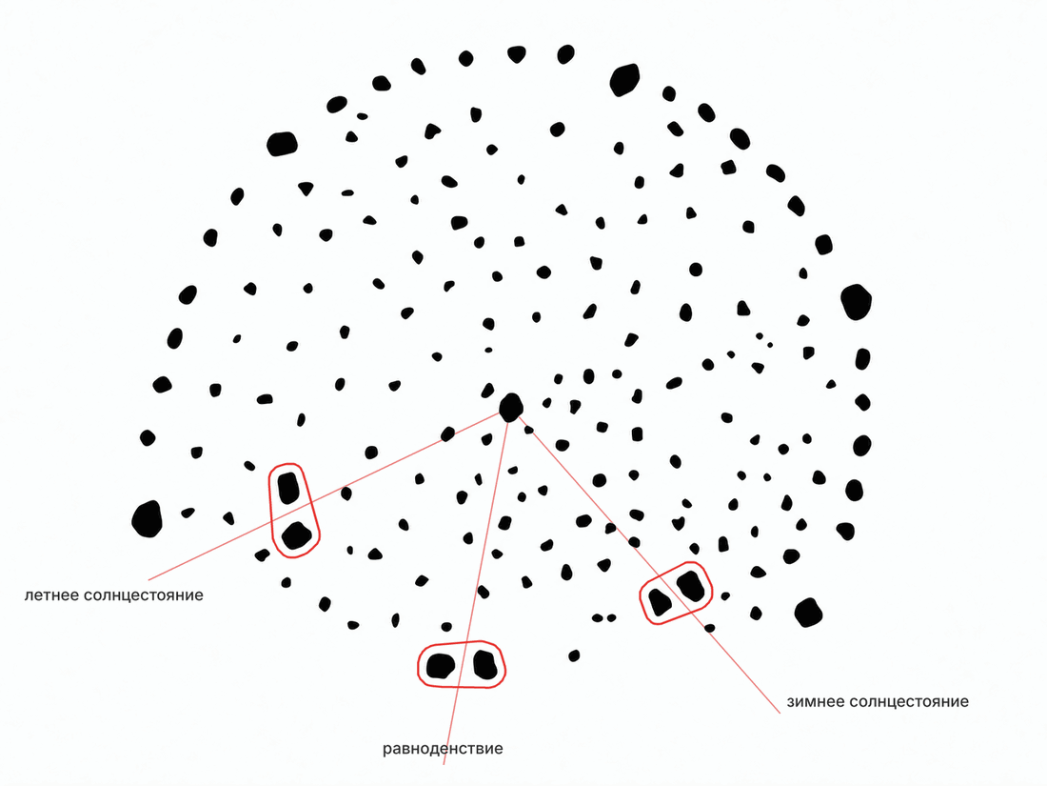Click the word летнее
52,595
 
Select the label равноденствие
443,749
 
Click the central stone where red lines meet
511,407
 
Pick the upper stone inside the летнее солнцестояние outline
288,487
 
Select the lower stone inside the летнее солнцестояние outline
296,535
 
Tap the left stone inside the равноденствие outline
441,666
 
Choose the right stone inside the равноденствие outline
485,665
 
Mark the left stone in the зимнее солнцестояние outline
660,602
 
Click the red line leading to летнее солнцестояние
324,496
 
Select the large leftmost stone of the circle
148,518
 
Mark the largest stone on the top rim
625,79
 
